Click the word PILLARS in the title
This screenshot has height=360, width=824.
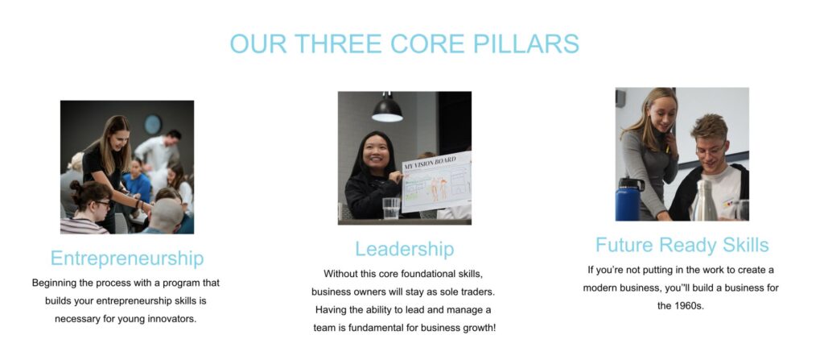pyautogui.click(x=526, y=43)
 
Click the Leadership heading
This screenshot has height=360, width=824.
pyautogui.click(x=405, y=248)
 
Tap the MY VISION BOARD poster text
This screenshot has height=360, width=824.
pyautogui.click(x=430, y=163)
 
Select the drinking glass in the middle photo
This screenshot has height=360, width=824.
pyautogui.click(x=391, y=209)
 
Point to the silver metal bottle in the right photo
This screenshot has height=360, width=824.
pyautogui.click(x=705, y=201)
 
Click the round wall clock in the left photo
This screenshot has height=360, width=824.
pyautogui.click(x=153, y=124)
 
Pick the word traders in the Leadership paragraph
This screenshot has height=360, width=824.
pyautogui.click(x=477, y=292)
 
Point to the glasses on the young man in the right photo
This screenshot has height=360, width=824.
pyautogui.click(x=710, y=150)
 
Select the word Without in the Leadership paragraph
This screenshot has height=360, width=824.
pyautogui.click(x=341, y=274)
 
